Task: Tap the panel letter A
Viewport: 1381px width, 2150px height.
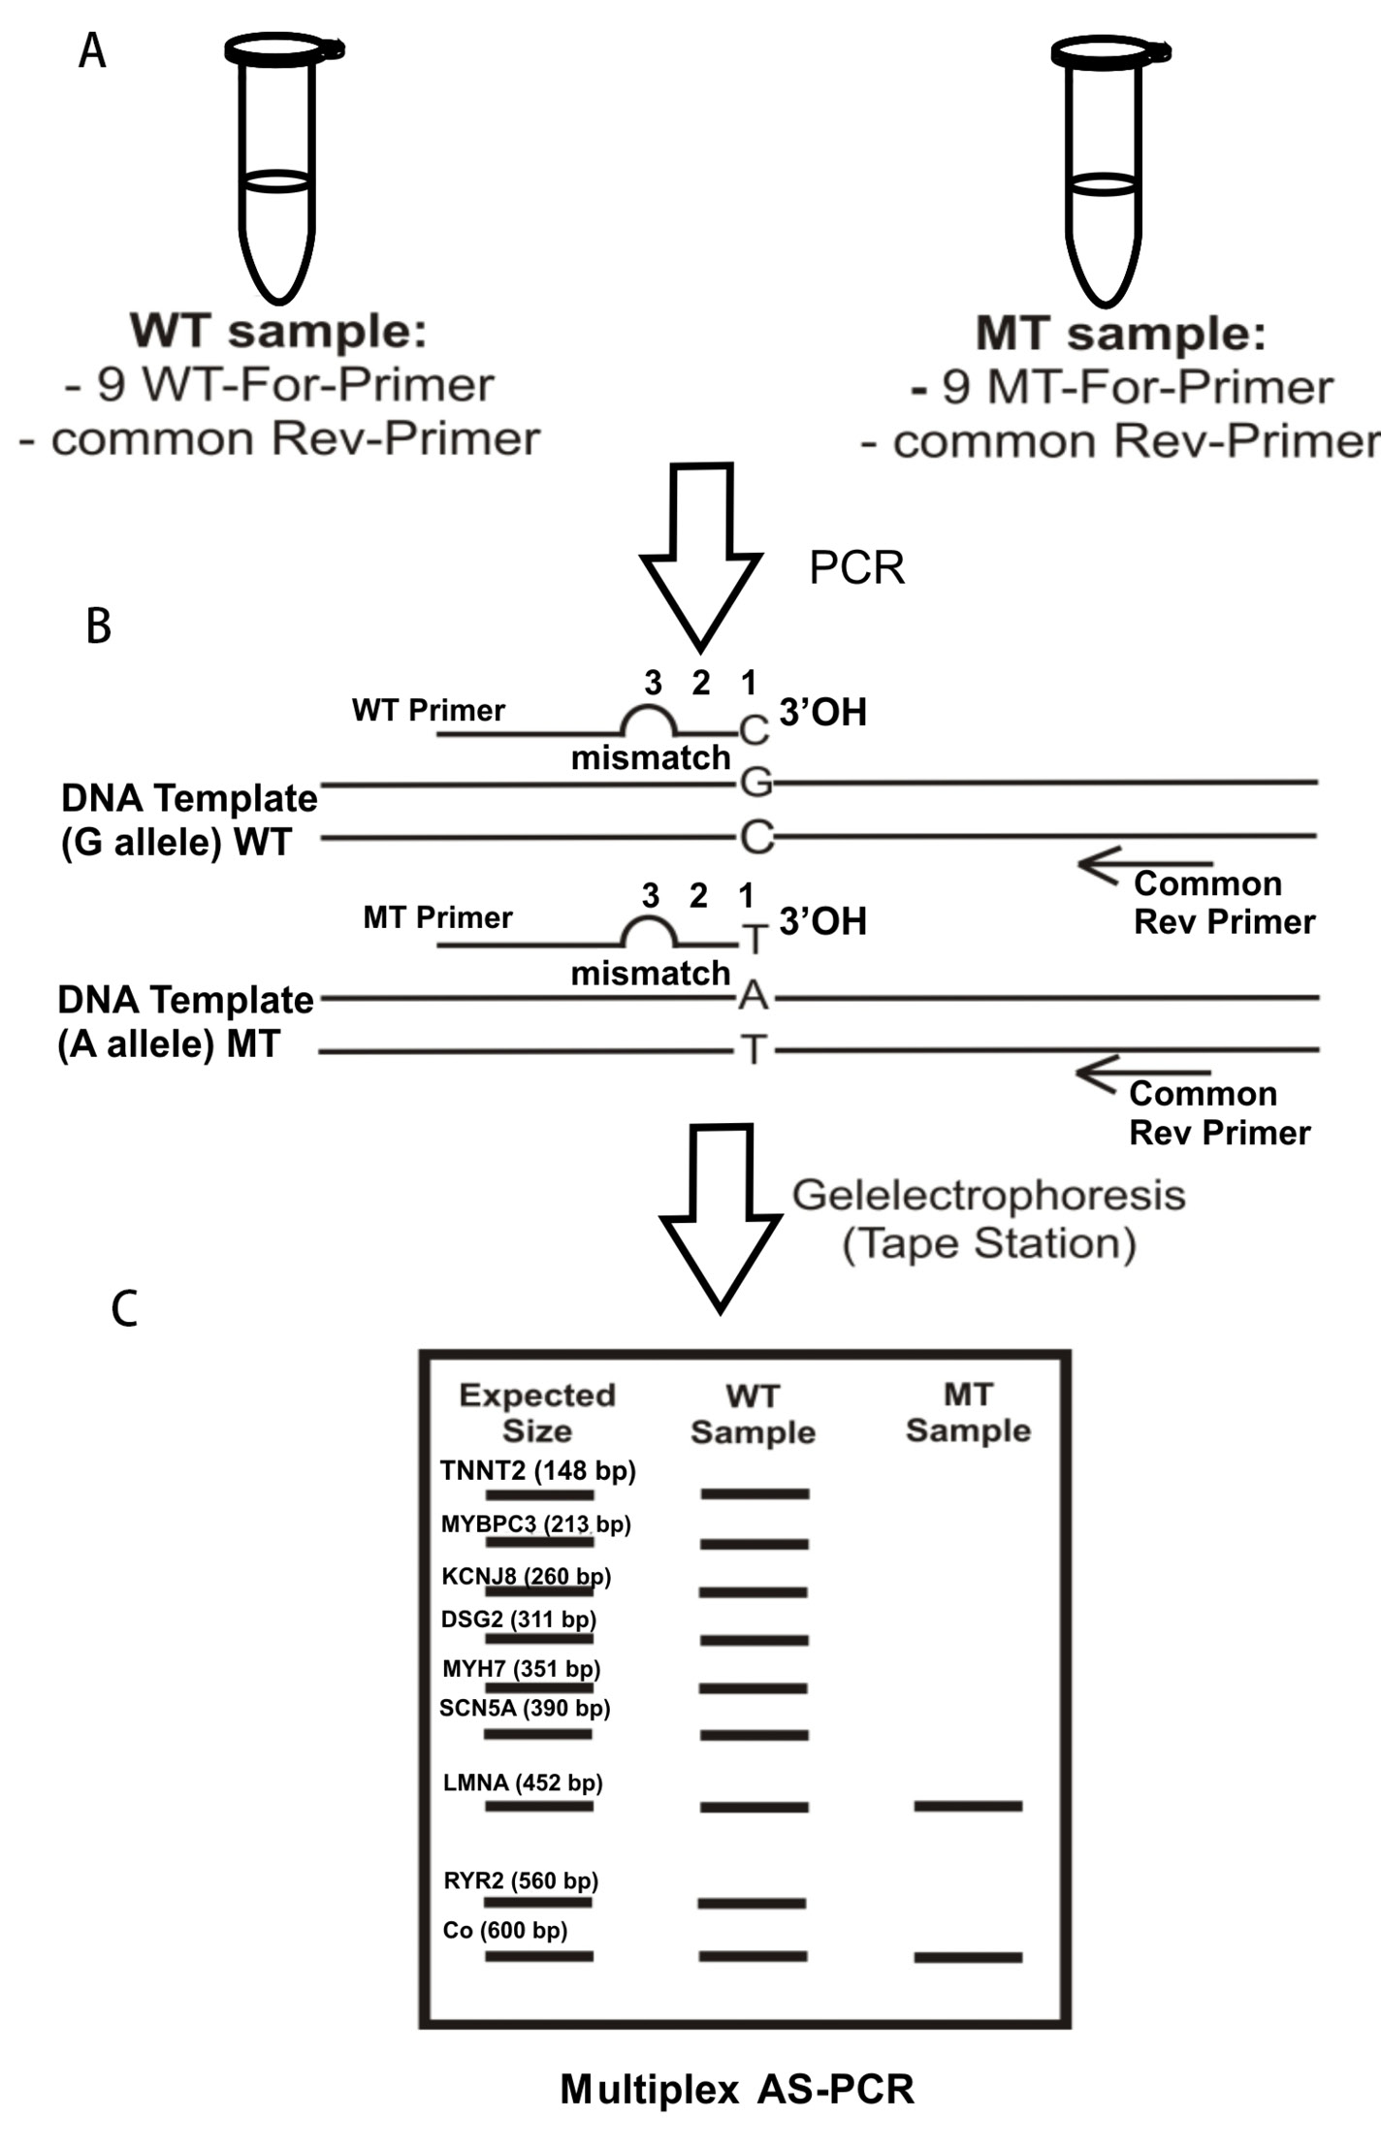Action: pyautogui.click(x=92, y=50)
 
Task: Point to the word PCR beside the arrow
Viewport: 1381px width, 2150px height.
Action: pyautogui.click(x=856, y=568)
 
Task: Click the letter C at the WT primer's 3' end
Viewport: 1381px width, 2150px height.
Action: pyautogui.click(x=754, y=731)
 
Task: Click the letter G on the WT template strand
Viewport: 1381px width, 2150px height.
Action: pyautogui.click(x=755, y=782)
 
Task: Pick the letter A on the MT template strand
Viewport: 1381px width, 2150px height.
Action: pyautogui.click(x=754, y=996)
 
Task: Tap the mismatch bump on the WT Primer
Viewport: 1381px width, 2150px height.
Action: pyautogui.click(x=648, y=720)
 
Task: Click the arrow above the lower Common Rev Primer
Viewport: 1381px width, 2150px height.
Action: pyautogui.click(x=1142, y=1074)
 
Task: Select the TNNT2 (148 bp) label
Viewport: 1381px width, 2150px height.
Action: pyautogui.click(x=537, y=1471)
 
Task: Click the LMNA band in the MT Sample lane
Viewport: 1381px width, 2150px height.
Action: pyautogui.click(x=968, y=1806)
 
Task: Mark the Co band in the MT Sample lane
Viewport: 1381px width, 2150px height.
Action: pyautogui.click(x=968, y=1957)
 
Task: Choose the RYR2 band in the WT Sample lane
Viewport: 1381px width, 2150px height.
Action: pyautogui.click(x=752, y=1904)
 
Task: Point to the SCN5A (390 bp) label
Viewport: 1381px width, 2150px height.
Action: pyautogui.click(x=525, y=1708)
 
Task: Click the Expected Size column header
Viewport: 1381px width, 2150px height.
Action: pyautogui.click(x=537, y=1413)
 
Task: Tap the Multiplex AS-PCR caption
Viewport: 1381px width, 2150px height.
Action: pyautogui.click(x=737, y=2089)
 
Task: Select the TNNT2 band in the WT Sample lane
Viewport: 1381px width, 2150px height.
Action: pyautogui.click(x=755, y=1493)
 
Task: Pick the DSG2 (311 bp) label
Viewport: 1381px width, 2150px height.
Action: pyautogui.click(x=518, y=1619)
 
